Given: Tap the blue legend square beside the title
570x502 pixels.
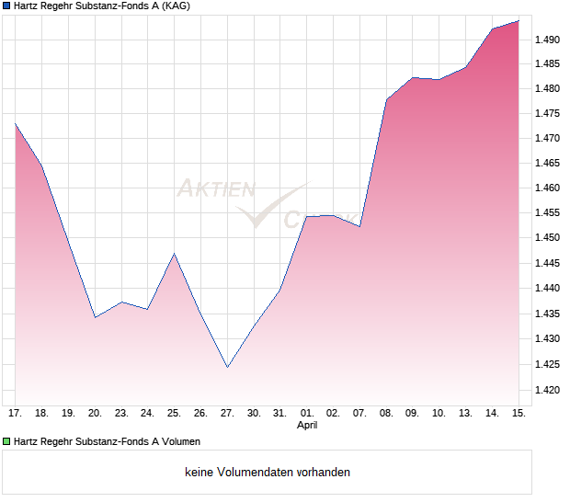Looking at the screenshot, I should pyautogui.click(x=6, y=6).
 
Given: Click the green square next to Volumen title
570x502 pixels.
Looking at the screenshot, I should pyautogui.click(x=6, y=442).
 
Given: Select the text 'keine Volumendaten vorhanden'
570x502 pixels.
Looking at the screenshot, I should pyautogui.click(x=268, y=473).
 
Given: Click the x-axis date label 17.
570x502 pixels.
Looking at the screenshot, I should pyautogui.click(x=15, y=414).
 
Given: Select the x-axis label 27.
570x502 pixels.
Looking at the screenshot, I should pyautogui.click(x=227, y=414).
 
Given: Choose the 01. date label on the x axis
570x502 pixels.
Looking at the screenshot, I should pyautogui.click(x=307, y=414).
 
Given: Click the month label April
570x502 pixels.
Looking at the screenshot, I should pyautogui.click(x=307, y=426).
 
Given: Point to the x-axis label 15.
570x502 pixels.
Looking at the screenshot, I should pyautogui.click(x=519, y=414).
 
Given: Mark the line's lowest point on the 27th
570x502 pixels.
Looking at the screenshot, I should pyautogui.click(x=227, y=367).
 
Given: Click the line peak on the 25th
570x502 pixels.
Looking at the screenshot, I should pyautogui.click(x=174, y=254).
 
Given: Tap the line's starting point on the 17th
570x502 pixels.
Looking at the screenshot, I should pyautogui.click(x=16, y=123).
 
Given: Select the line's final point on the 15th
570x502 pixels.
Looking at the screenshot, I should pyautogui.click(x=519, y=21).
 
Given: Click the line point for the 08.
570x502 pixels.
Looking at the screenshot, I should pyautogui.click(x=386, y=99).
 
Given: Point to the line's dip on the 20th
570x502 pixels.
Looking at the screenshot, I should pyautogui.click(x=95, y=317).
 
